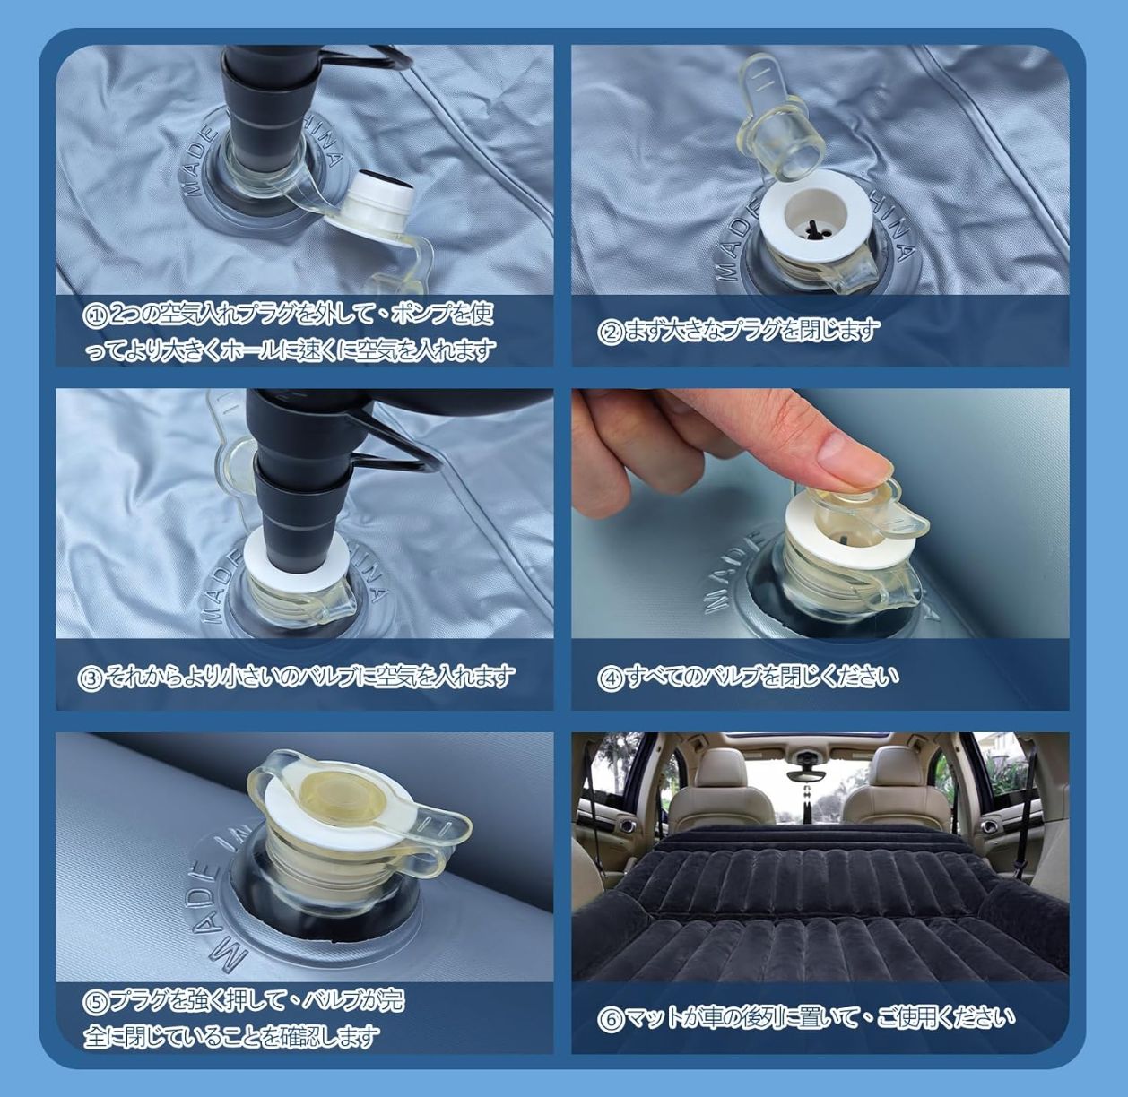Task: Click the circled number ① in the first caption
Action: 94,316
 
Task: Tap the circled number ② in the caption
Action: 609,332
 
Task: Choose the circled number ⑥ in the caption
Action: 609,1019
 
